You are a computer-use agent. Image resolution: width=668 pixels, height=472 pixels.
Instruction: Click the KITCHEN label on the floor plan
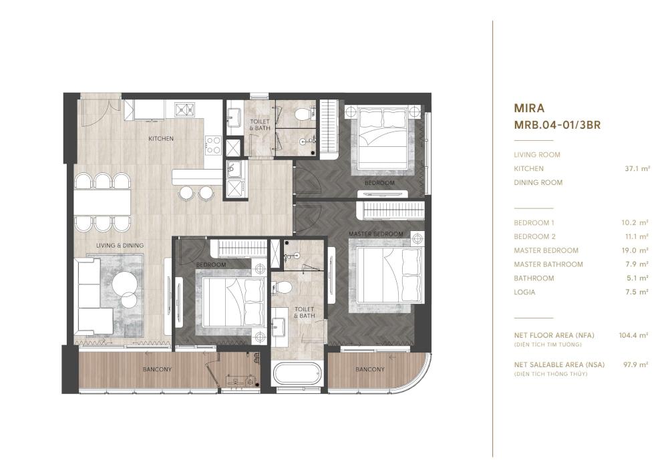[x=160, y=138]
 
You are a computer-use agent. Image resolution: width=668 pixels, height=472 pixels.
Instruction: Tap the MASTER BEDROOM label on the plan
[x=375, y=234]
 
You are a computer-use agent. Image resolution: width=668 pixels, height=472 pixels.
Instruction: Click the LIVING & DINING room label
[x=120, y=245]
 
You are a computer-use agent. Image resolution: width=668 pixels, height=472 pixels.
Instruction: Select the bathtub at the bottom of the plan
[x=297, y=374]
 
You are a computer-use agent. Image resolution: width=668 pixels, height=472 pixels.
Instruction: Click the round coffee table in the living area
[x=125, y=283]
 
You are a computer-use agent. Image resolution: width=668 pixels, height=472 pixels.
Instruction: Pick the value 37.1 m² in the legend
[x=637, y=168]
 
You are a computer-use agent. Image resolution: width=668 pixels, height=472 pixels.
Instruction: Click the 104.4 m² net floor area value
[x=633, y=335]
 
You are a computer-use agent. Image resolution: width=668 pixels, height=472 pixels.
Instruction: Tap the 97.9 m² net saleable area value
[x=635, y=365]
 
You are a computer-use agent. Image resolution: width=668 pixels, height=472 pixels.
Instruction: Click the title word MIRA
[x=529, y=108]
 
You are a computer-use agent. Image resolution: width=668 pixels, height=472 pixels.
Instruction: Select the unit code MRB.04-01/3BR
[x=557, y=125]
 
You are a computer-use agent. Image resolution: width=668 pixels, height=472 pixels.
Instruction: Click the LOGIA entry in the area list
[x=524, y=292]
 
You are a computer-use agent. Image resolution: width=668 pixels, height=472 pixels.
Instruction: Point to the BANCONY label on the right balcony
[x=370, y=369]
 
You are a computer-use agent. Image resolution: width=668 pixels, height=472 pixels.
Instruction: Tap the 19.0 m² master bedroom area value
[x=635, y=250]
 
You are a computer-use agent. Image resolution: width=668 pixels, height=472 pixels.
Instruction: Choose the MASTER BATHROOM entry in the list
[x=548, y=264]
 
